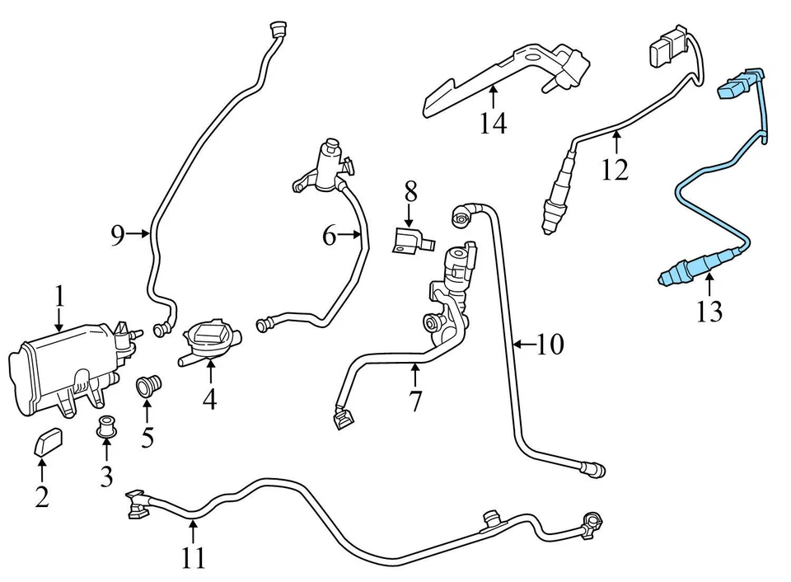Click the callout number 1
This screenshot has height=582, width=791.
click(x=59, y=297)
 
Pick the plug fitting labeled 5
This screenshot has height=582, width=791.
click(x=148, y=386)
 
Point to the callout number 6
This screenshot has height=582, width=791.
click(x=329, y=237)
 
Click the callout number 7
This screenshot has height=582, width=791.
click(x=415, y=401)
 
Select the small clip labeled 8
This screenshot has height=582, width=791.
click(x=411, y=241)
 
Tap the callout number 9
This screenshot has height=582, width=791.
click(x=118, y=236)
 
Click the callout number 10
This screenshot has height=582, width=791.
click(x=550, y=344)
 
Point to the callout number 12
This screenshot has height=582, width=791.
click(x=615, y=170)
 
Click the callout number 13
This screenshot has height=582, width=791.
click(x=709, y=311)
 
